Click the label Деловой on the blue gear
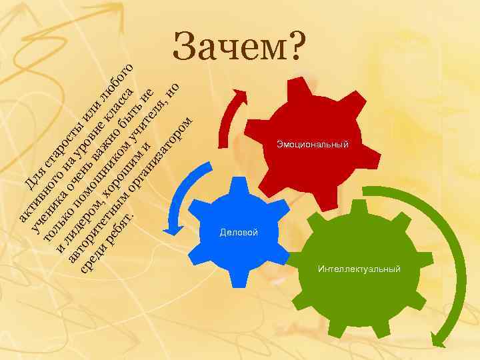coord(239,232)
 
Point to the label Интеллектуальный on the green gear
coord(359,269)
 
